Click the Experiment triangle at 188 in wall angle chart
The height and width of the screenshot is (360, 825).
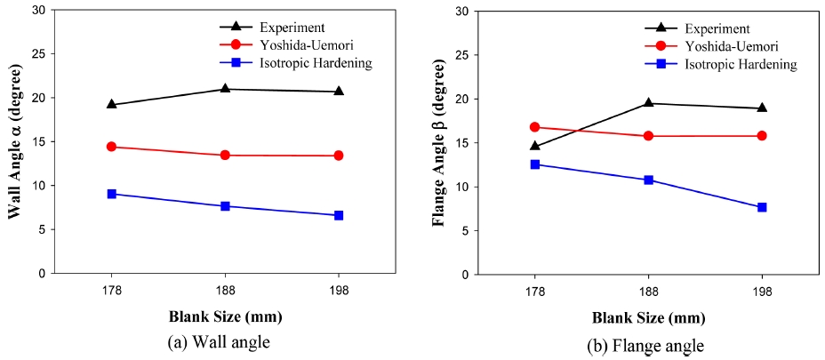225,88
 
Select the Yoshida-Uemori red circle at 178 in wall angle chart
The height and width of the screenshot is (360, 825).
111,147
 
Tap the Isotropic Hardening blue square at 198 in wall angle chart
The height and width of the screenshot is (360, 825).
339,215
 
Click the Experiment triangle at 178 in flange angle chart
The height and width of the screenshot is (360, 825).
534,146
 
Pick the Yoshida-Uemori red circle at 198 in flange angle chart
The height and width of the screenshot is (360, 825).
762,136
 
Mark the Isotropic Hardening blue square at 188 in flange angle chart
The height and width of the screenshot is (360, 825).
648,180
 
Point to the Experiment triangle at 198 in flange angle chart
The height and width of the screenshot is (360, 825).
762,108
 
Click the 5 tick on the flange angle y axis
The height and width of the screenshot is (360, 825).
463,230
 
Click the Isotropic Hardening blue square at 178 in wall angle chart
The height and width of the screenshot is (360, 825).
111,194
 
